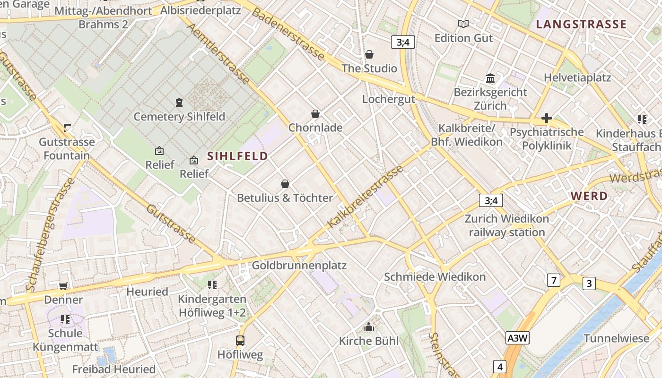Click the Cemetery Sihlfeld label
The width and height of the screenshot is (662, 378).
(179, 116)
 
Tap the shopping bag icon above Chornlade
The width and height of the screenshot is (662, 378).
(315, 114)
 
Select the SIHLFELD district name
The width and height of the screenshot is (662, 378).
(237, 156)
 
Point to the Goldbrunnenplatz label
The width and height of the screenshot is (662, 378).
(299, 265)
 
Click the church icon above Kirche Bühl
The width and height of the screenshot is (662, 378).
(369, 327)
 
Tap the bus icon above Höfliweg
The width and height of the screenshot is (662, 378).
(240, 340)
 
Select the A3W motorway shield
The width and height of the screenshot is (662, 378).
(517, 338)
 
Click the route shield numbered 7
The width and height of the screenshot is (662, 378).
(553, 280)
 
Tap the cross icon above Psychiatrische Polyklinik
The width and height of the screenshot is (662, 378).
(547, 118)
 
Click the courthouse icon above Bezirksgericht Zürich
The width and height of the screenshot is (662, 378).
(490, 78)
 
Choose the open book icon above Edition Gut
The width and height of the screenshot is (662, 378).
(463, 24)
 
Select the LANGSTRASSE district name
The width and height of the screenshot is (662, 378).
(581, 24)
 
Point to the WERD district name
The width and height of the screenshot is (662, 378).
(589, 196)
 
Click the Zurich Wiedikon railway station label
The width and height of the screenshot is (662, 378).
(507, 225)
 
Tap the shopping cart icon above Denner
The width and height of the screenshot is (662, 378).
(63, 286)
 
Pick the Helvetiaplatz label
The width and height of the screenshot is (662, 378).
(577, 77)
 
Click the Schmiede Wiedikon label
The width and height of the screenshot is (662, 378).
(435, 277)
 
